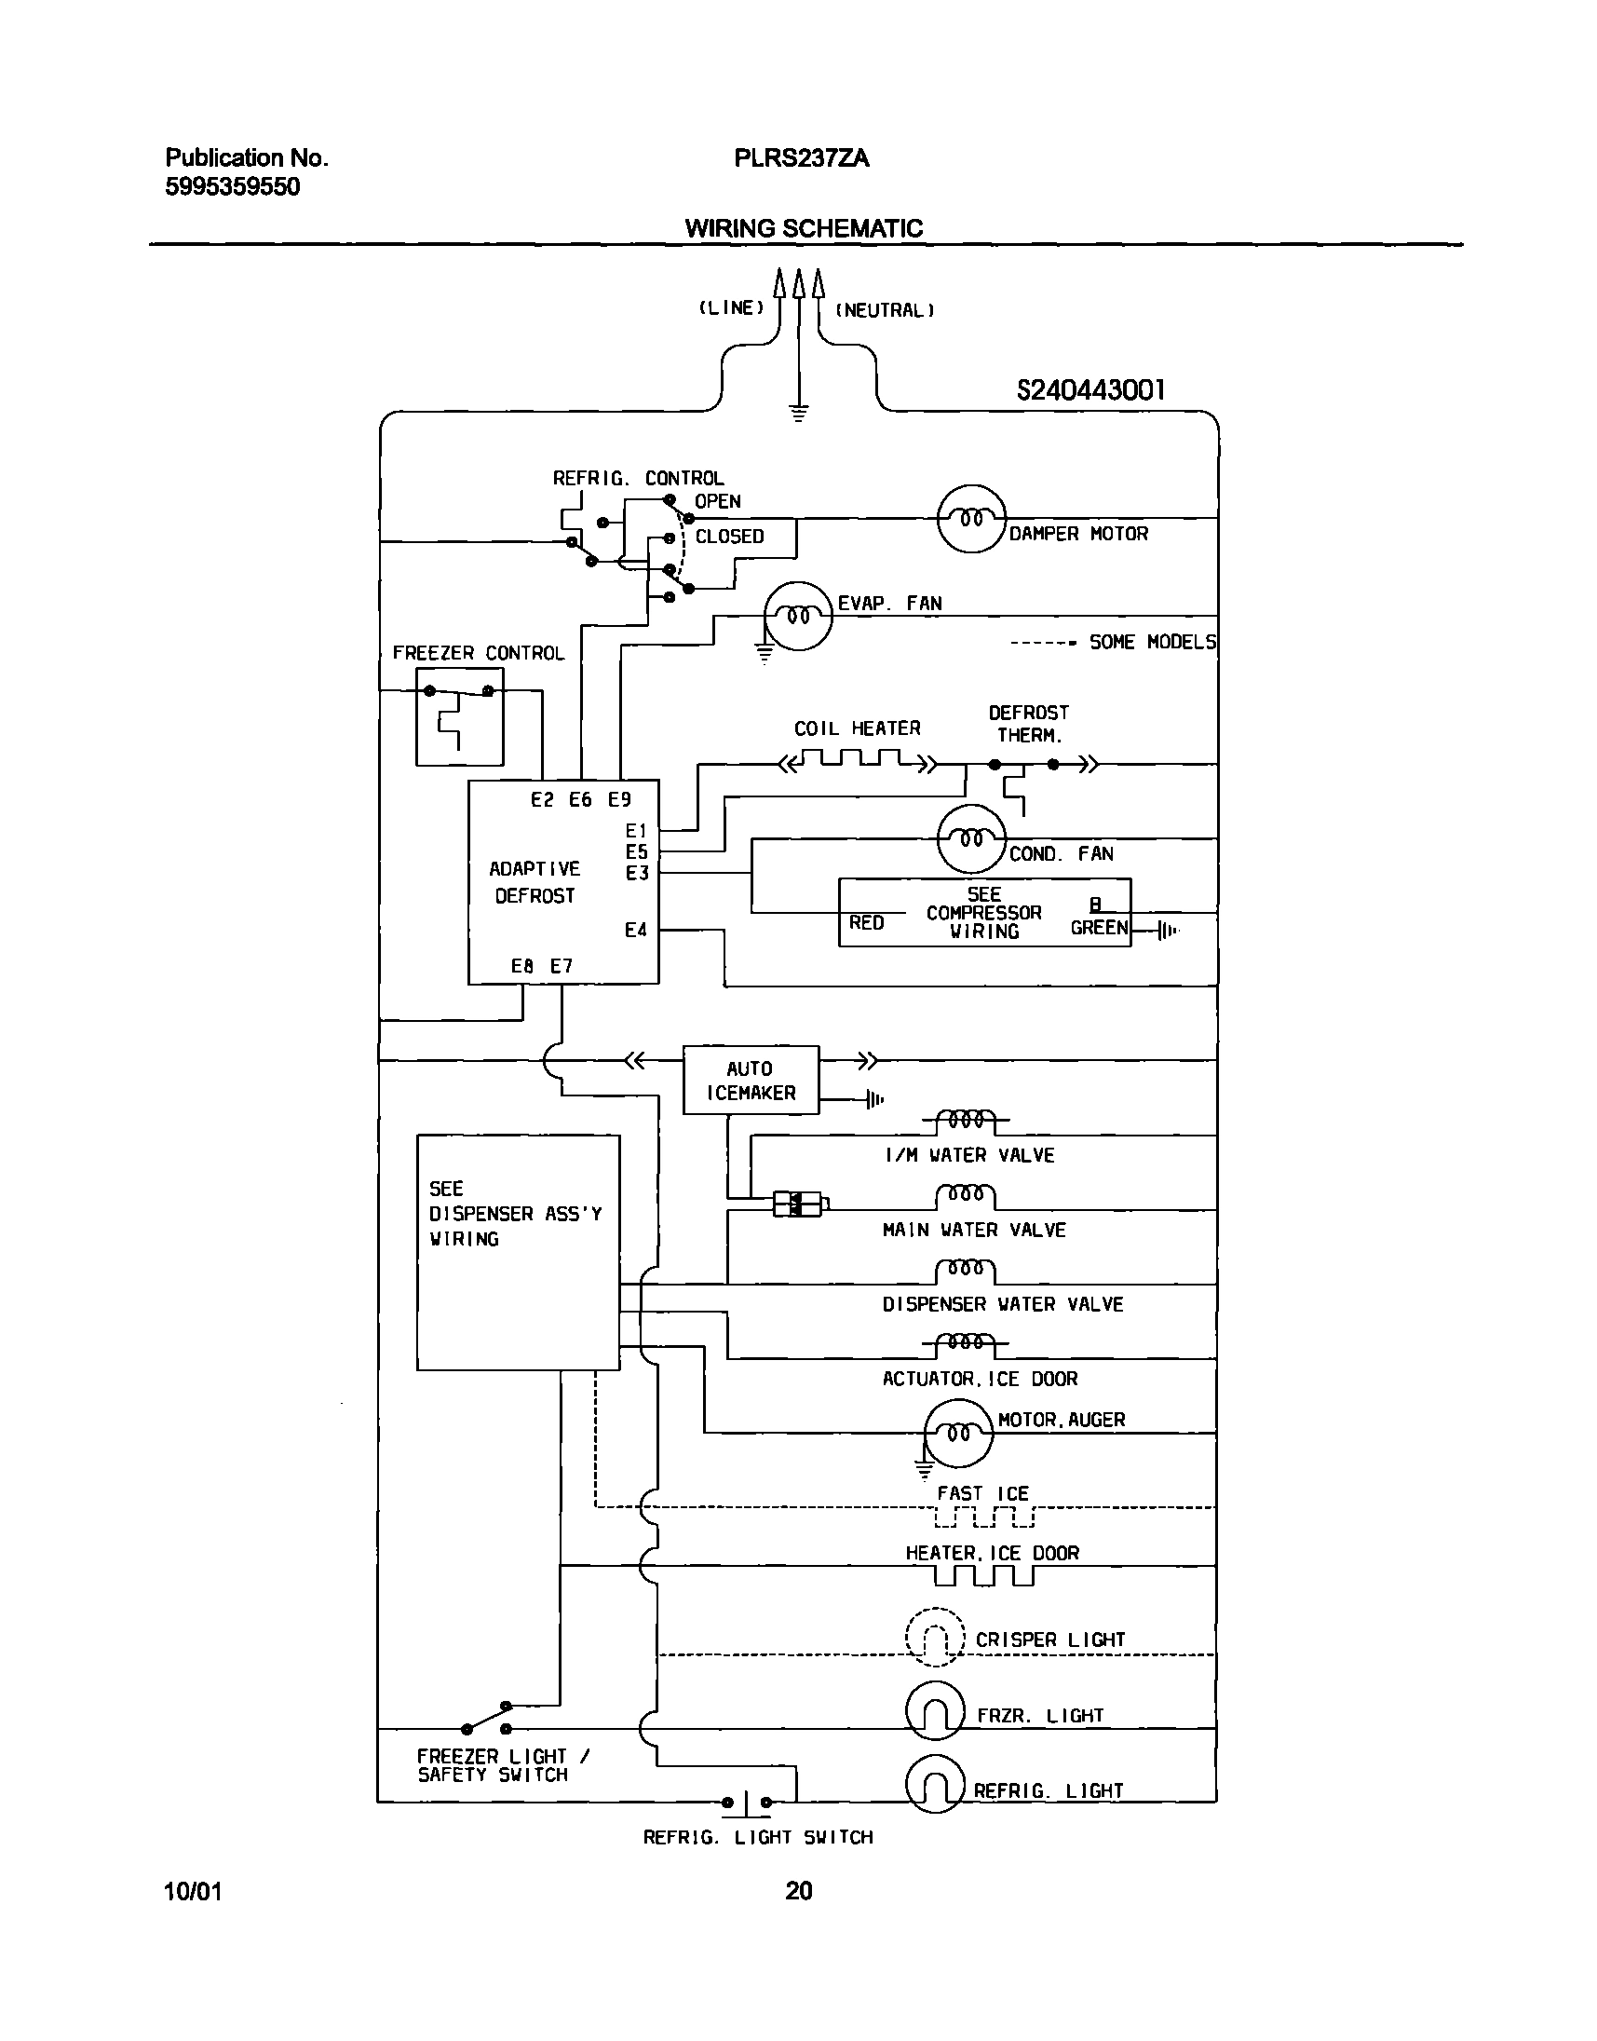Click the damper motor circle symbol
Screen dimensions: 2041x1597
970,518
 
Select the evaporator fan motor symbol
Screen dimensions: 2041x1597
797,616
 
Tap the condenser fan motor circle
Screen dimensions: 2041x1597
970,839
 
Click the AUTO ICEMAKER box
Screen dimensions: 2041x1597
751,1081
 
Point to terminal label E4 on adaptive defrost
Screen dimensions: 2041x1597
636,930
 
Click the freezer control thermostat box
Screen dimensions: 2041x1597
459,716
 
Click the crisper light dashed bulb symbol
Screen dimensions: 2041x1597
934,1637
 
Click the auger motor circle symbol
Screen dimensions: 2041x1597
958,1433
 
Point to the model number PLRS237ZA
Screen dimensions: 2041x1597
802,158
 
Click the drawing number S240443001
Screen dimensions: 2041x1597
1090,390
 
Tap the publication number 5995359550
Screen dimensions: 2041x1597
233,187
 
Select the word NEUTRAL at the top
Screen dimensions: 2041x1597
885,310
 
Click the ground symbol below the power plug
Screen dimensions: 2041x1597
799,413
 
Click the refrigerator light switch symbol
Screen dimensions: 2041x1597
746,1803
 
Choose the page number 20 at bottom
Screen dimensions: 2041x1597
799,1890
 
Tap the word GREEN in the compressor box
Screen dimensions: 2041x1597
1099,928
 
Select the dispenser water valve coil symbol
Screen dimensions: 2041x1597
965,1272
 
